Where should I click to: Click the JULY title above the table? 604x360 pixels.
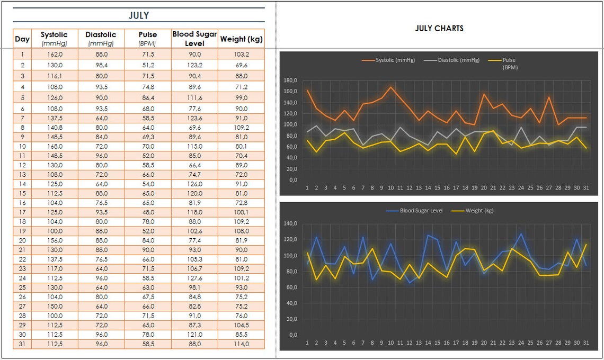(x=139, y=15)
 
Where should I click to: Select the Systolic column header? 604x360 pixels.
(x=54, y=39)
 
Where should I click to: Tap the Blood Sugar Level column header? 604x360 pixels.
(x=194, y=39)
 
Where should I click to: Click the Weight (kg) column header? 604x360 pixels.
(x=242, y=39)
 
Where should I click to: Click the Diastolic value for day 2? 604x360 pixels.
(x=101, y=65)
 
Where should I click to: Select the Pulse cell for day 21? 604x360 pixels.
(x=147, y=250)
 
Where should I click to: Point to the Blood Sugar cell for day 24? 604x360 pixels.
(x=194, y=277)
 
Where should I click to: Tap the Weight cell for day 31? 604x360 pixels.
(x=242, y=344)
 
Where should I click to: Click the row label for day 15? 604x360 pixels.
(x=22, y=193)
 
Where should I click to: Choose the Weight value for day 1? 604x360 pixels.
(x=242, y=54)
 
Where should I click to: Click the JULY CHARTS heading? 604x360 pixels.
(x=439, y=29)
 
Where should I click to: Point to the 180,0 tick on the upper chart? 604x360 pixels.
(x=291, y=80)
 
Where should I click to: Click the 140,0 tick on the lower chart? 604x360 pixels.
(x=291, y=223)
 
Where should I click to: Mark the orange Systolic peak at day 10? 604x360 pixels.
(x=390, y=87)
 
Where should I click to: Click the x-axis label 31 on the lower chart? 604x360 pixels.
(x=586, y=343)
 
